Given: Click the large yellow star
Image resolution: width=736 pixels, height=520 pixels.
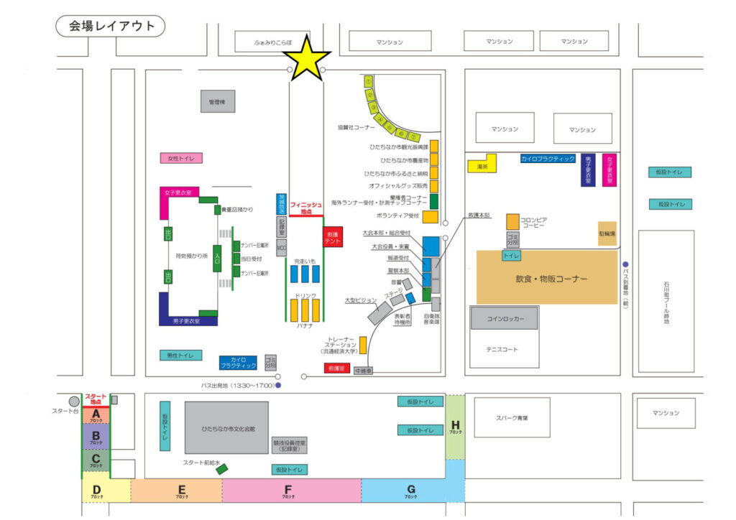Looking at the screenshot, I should (x=307, y=57).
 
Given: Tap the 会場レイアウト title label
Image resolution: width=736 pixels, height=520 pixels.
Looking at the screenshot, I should (x=111, y=27).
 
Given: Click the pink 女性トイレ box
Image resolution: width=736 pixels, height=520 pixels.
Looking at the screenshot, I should (x=181, y=158).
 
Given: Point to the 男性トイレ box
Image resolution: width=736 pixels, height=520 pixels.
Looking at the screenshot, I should (x=180, y=356).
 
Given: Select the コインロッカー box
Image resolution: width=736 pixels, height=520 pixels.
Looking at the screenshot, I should (x=505, y=318).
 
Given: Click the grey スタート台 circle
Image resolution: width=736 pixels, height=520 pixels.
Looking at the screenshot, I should (x=74, y=401).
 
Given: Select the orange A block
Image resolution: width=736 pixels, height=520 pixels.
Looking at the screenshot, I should (x=96, y=415).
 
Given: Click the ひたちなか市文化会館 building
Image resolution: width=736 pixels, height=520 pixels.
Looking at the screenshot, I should (x=226, y=428).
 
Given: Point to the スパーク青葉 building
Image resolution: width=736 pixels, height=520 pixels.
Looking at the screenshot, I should (x=512, y=417).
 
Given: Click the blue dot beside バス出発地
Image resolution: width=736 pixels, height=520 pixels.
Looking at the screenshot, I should (x=278, y=386).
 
